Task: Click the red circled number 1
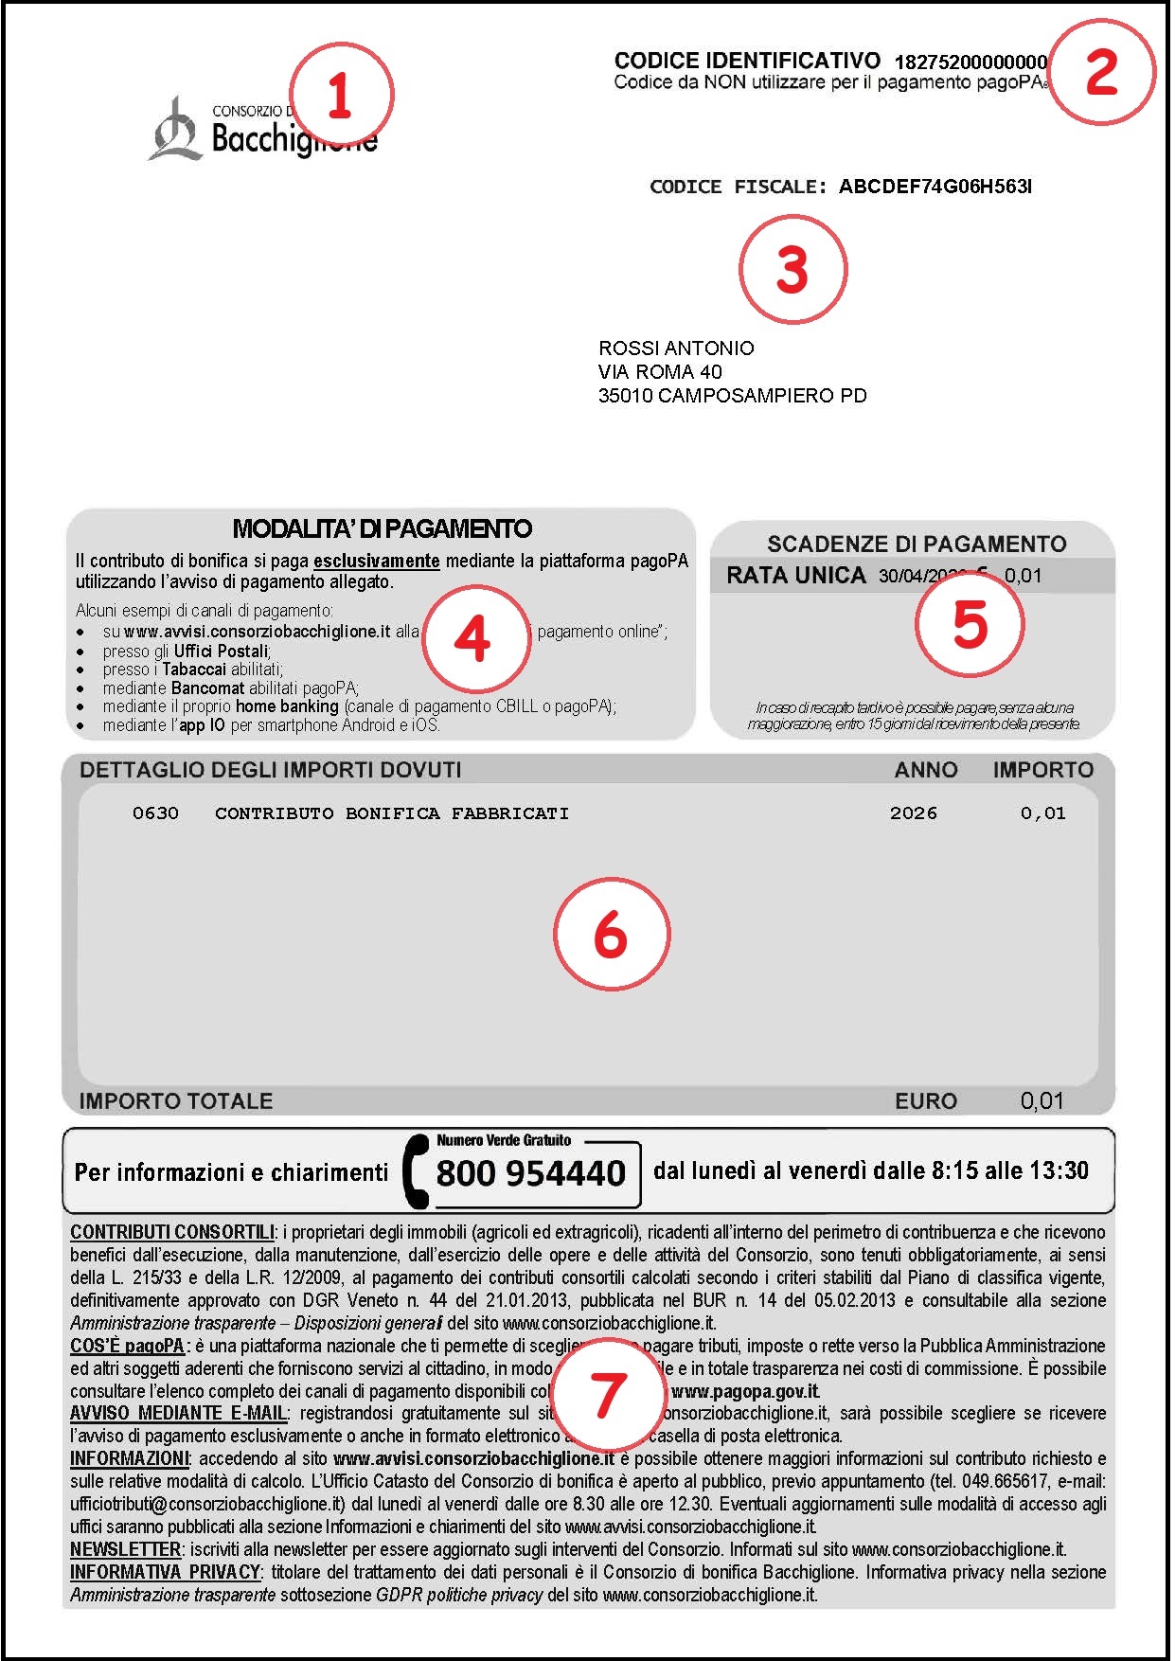tap(340, 95)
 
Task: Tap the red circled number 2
tap(1102, 72)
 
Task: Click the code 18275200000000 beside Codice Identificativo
tap(970, 63)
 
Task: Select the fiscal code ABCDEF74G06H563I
tap(935, 187)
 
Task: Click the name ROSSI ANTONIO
tap(676, 348)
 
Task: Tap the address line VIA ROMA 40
tap(660, 372)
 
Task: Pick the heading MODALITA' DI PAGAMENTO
tap(383, 528)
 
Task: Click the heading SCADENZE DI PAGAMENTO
tap(917, 545)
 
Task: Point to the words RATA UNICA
tap(796, 576)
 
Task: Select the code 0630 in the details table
tap(155, 813)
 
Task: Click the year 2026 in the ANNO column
tap(913, 813)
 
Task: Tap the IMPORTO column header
tap(1042, 770)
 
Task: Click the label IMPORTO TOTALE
tap(176, 1101)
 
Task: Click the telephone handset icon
tap(415, 1172)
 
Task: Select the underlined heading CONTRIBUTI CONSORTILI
tap(172, 1233)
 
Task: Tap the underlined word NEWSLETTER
tap(125, 1550)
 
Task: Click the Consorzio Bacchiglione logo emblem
tap(175, 130)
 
